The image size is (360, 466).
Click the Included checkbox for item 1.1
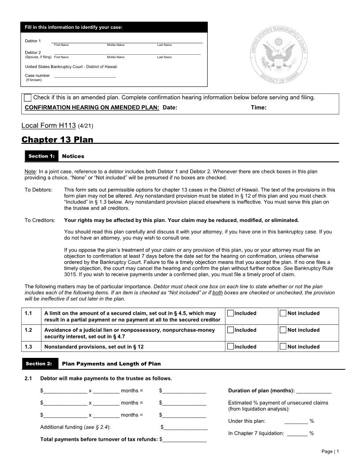(x=230, y=313)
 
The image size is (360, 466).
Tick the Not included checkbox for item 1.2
(x=283, y=330)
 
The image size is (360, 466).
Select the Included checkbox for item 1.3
(x=230, y=346)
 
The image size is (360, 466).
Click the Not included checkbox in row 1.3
(x=283, y=346)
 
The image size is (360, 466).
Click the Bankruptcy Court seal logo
(x=278, y=55)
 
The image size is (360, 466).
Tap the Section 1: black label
(x=41, y=156)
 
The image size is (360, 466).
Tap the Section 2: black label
(x=39, y=364)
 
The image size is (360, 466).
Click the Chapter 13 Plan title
(x=57, y=140)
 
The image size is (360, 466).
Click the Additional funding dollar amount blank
(x=185, y=428)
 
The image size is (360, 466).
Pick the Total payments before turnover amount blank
(x=184, y=440)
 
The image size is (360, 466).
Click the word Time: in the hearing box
(x=259, y=107)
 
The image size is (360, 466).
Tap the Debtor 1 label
(x=33, y=41)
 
